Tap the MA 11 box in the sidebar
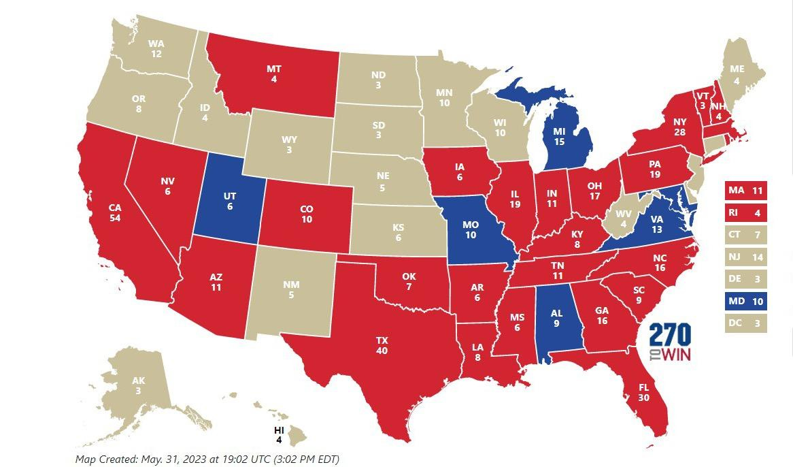pyautogui.click(x=746, y=191)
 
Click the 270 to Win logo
pyautogui.click(x=670, y=342)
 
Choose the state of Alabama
pyautogui.click(x=556, y=320)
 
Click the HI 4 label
pyautogui.click(x=279, y=434)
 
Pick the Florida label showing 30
pyautogui.click(x=643, y=393)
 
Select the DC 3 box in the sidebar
pyautogui.click(x=746, y=324)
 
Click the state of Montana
pyautogui.click(x=274, y=74)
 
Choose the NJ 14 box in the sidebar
pyautogui.click(x=746, y=257)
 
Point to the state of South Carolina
pyautogui.click(x=637, y=295)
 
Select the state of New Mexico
pyautogui.click(x=290, y=290)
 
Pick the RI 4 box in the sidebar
pyautogui.click(x=746, y=213)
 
